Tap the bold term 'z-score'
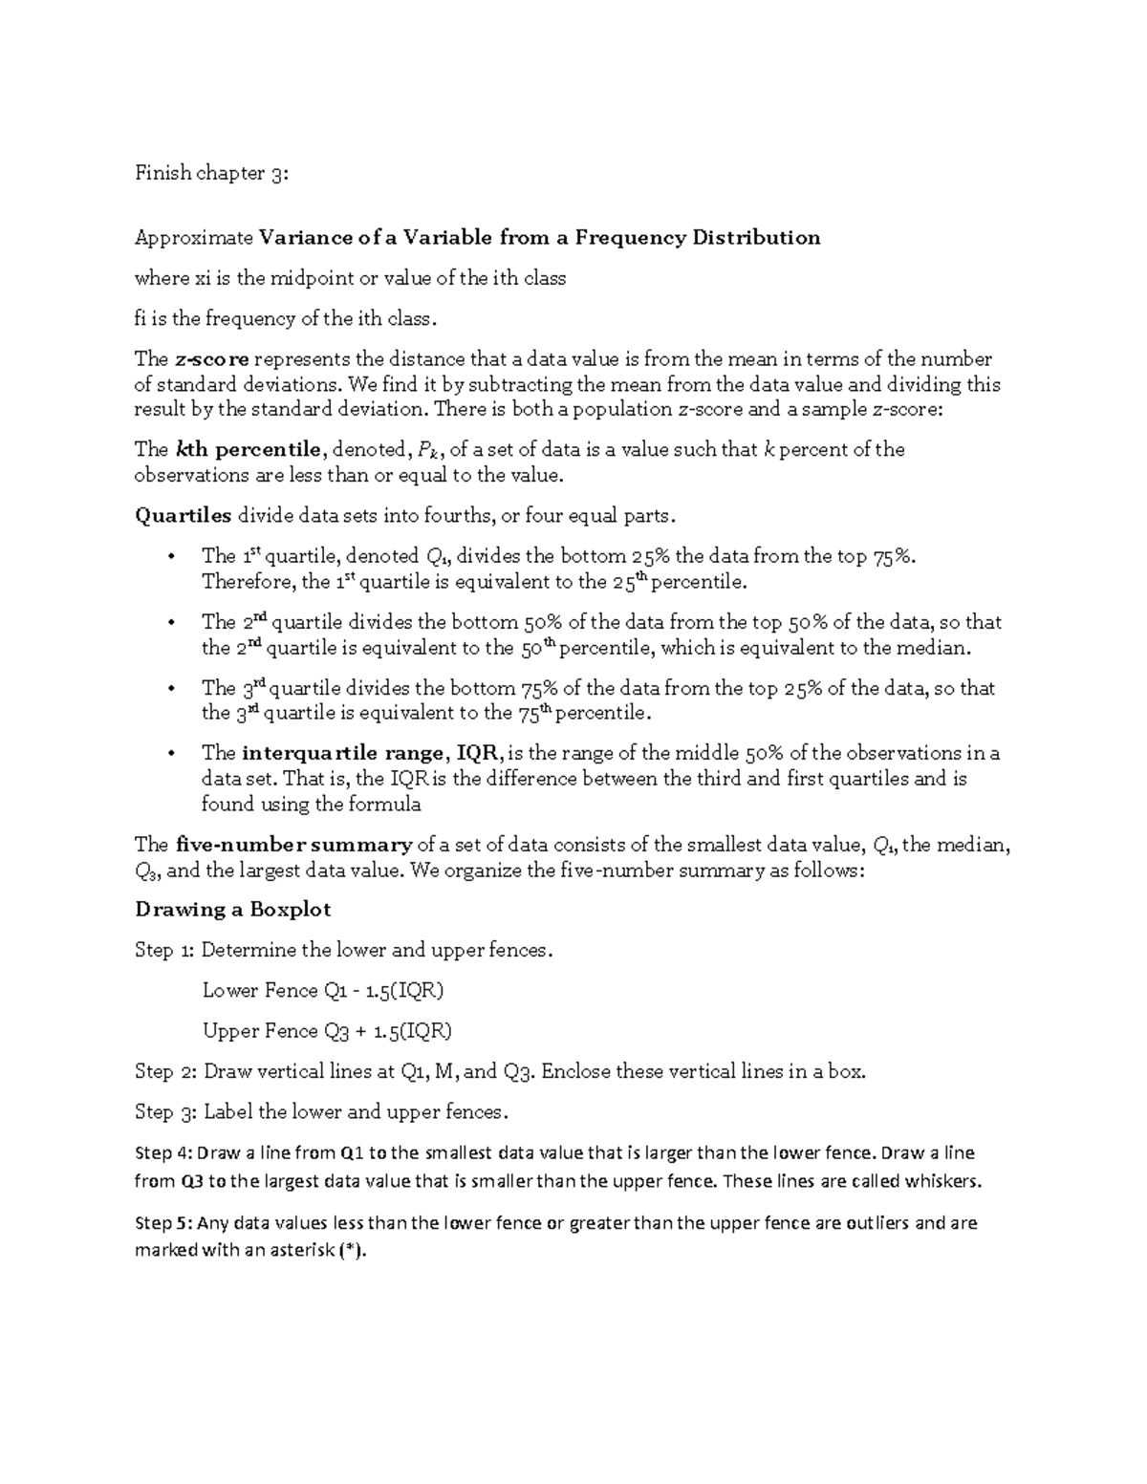(212, 359)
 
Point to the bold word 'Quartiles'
(184, 515)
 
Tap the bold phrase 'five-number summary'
(294, 845)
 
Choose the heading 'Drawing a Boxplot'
(232, 909)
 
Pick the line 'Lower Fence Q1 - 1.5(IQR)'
(323, 990)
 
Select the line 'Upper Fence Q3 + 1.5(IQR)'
(327, 1030)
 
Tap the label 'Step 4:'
(163, 1152)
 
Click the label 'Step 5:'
(163, 1222)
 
